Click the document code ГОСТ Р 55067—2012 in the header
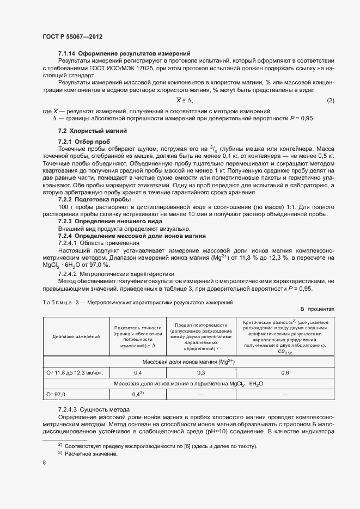coord(72,36)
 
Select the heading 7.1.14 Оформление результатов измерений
coord(124,53)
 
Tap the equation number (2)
coord(330,101)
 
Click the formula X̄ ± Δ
coord(184,101)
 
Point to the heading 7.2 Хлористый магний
coord(92,131)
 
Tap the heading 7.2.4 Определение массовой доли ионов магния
coord(131,236)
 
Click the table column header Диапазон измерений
coord(76,336)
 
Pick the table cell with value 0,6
coord(285,373)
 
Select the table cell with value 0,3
coord(201,373)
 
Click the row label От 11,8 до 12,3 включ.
coord(76,373)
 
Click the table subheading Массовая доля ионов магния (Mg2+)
coord(188,362)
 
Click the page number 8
coord(44,463)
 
